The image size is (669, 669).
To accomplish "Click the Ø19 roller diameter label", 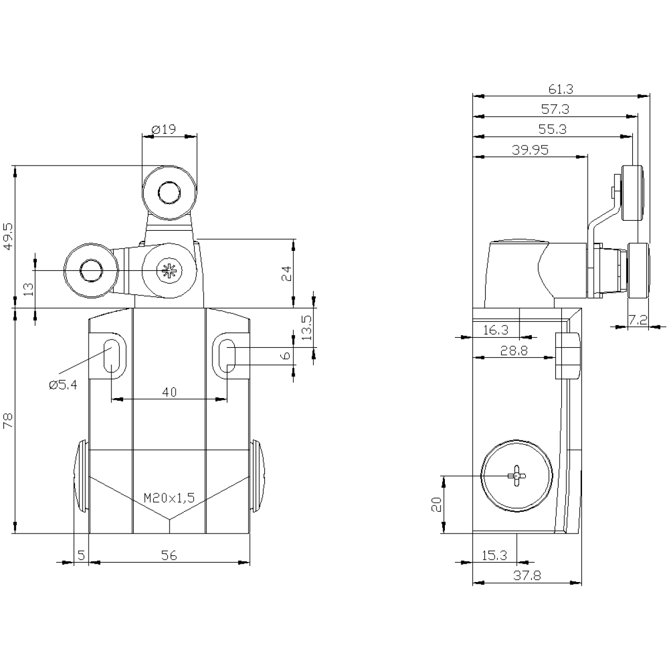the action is (164, 129).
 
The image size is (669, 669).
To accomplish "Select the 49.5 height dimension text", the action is (8, 236).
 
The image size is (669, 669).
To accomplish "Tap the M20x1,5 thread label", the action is (169, 498).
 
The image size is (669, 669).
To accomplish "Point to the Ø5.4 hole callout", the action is (63, 385).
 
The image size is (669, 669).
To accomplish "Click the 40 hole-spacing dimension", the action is (169, 392).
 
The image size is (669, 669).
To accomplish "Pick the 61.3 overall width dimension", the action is (561, 89).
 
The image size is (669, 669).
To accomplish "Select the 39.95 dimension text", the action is (530, 150).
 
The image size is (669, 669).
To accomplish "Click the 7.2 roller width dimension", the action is (638, 320).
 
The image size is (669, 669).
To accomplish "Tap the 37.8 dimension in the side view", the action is (527, 576).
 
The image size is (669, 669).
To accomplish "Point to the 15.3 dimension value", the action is (495, 555).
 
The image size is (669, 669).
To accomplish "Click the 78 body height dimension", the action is (8, 420).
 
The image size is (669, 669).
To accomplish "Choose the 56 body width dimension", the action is (169, 555).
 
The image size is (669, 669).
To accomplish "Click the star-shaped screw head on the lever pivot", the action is (169, 270).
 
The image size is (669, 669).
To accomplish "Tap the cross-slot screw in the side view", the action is (517, 476).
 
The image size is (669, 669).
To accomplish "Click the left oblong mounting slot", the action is (111, 356).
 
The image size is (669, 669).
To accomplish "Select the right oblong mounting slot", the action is (227, 356).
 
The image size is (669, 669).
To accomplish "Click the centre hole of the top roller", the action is (169, 192).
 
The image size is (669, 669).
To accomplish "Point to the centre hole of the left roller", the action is (91, 270).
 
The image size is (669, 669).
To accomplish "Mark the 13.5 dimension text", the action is (307, 327).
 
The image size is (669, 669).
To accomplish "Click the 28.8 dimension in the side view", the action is (514, 351).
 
